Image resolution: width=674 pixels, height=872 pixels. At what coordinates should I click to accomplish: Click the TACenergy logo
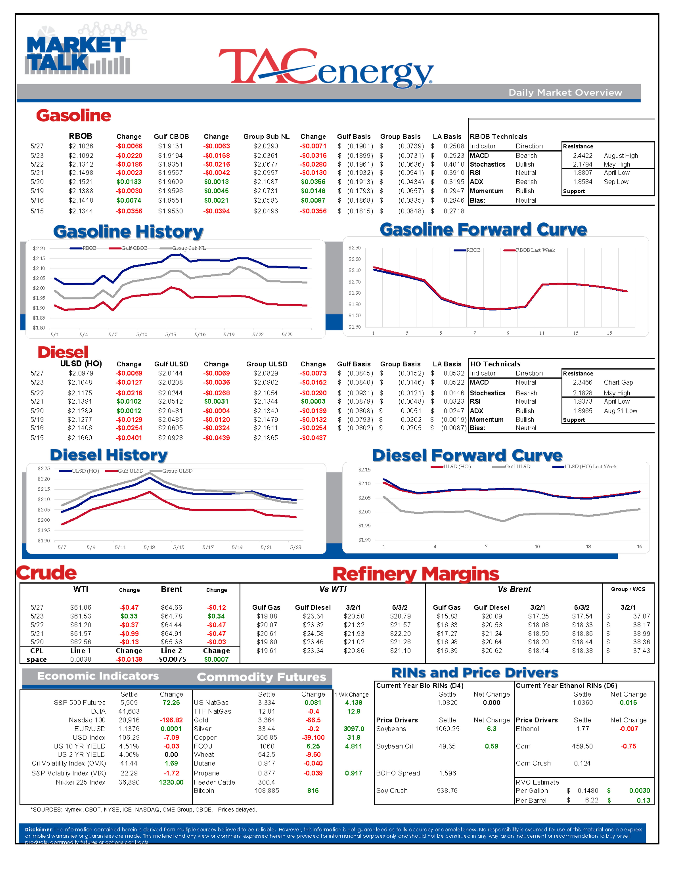tap(325, 67)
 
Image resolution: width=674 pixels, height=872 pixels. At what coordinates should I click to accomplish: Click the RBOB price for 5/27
tap(81, 146)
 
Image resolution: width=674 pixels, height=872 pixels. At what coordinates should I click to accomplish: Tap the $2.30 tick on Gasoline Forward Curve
tap(354, 248)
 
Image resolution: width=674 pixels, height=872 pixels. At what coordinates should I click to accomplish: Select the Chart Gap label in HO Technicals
tap(618, 383)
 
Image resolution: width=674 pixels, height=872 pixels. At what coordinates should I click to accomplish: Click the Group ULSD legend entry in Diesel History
tap(177, 471)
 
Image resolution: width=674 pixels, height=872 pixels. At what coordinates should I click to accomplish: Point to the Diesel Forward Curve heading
tap(467, 456)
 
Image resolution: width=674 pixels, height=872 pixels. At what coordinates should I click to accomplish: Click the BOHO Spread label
tap(398, 773)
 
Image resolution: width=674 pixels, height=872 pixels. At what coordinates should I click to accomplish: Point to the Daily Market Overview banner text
tap(565, 93)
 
